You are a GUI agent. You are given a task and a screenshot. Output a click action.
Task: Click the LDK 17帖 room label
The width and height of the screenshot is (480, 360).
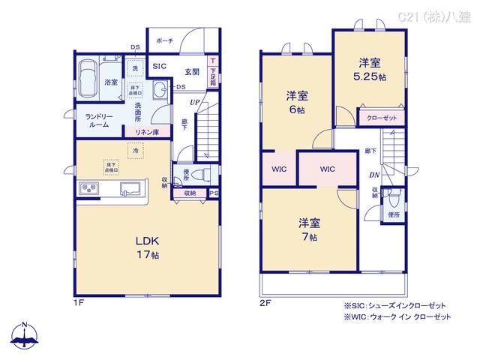pyautogui.click(x=147, y=247)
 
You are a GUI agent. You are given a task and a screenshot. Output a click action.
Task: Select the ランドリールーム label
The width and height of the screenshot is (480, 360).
pyautogui.click(x=98, y=120)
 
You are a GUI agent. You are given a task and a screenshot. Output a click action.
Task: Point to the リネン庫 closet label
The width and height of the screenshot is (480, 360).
pyautogui.click(x=146, y=132)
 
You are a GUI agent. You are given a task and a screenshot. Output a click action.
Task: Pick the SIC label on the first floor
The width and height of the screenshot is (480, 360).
pyautogui.click(x=159, y=67)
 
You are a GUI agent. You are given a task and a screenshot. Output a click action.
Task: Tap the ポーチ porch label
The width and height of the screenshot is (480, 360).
pyautogui.click(x=166, y=40)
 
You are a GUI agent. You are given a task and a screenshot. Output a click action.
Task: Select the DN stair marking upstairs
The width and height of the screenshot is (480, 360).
pyautogui.click(x=373, y=175)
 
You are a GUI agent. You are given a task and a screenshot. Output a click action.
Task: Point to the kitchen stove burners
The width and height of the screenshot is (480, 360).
pyautogui.click(x=89, y=188)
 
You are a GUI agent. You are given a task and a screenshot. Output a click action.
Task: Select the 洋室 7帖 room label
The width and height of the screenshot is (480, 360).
pyautogui.click(x=309, y=229)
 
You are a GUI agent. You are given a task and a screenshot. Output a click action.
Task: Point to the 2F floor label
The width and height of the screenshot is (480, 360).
pyautogui.click(x=265, y=303)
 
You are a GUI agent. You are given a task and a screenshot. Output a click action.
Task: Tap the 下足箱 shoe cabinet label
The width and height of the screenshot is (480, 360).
pyautogui.click(x=214, y=74)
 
